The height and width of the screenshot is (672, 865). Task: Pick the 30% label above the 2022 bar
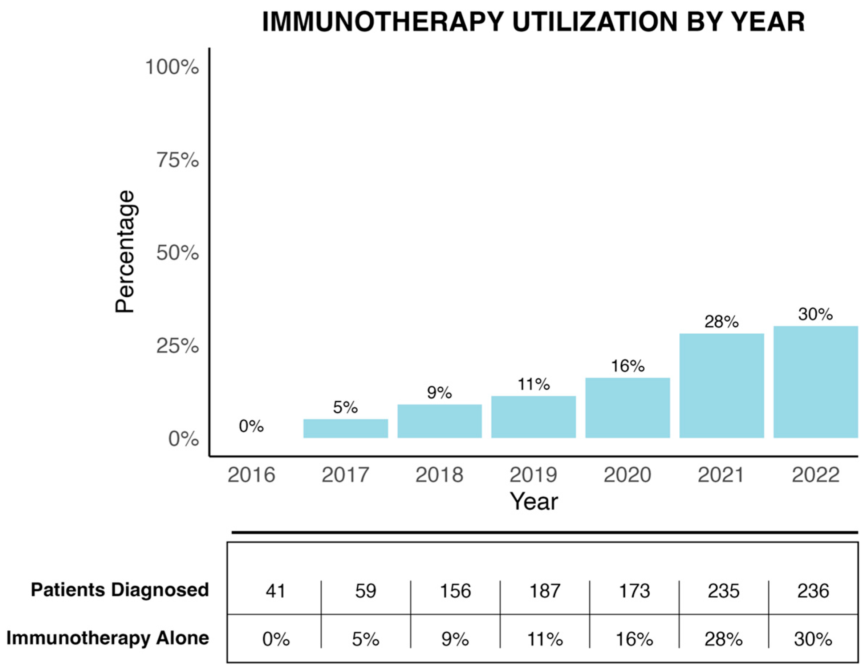pos(815,314)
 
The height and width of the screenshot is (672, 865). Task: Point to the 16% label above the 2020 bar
pos(628,366)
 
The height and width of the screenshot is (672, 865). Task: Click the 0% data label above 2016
pos(251,427)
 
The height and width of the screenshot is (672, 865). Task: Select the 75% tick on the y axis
pos(178,160)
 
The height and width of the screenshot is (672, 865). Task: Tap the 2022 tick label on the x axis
pos(815,475)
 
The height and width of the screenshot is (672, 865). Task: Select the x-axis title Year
pos(533,502)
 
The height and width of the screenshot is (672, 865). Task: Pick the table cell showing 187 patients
pos(545,591)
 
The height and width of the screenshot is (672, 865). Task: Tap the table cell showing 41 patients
pos(275,591)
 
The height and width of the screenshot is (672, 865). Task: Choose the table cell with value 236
pos(813,591)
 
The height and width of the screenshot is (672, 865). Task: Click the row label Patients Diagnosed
pos(119,590)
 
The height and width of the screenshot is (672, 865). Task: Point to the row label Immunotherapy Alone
pos(108,638)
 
